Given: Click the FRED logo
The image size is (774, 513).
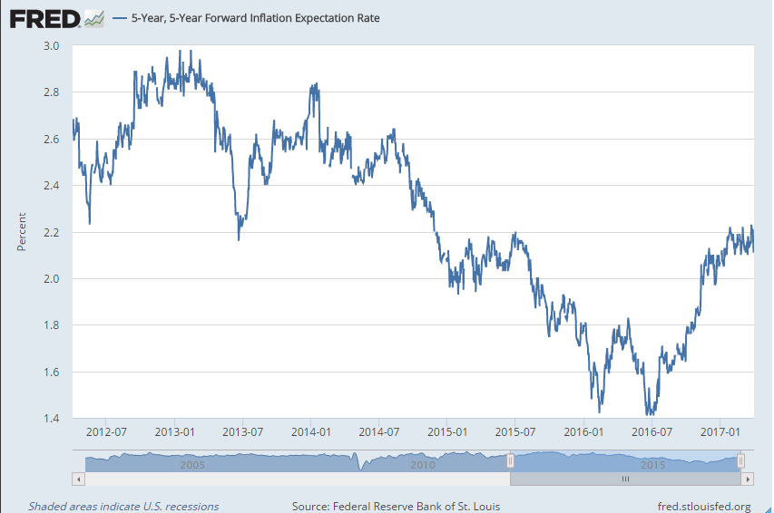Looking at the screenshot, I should pyautogui.click(x=56, y=17).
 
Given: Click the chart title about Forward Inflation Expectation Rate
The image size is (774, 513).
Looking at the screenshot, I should pyautogui.click(x=255, y=17).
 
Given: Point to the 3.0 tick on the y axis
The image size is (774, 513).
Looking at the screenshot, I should pyautogui.click(x=51, y=45).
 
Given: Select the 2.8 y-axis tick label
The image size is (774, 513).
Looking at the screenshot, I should pyautogui.click(x=51, y=92).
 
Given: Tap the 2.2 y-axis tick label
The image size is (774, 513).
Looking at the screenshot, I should pyautogui.click(x=51, y=232).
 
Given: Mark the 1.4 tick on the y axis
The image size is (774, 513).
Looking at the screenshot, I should pyautogui.click(x=51, y=419).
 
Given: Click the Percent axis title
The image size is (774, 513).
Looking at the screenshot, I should pyautogui.click(x=22, y=232).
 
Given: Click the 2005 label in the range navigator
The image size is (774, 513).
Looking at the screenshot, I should pyautogui.click(x=191, y=464).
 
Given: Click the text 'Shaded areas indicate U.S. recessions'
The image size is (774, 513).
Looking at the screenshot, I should pyautogui.click(x=123, y=506).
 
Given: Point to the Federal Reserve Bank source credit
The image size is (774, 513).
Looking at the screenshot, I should pyautogui.click(x=396, y=506).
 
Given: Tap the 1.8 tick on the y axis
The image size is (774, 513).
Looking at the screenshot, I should pyautogui.click(x=51, y=325).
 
